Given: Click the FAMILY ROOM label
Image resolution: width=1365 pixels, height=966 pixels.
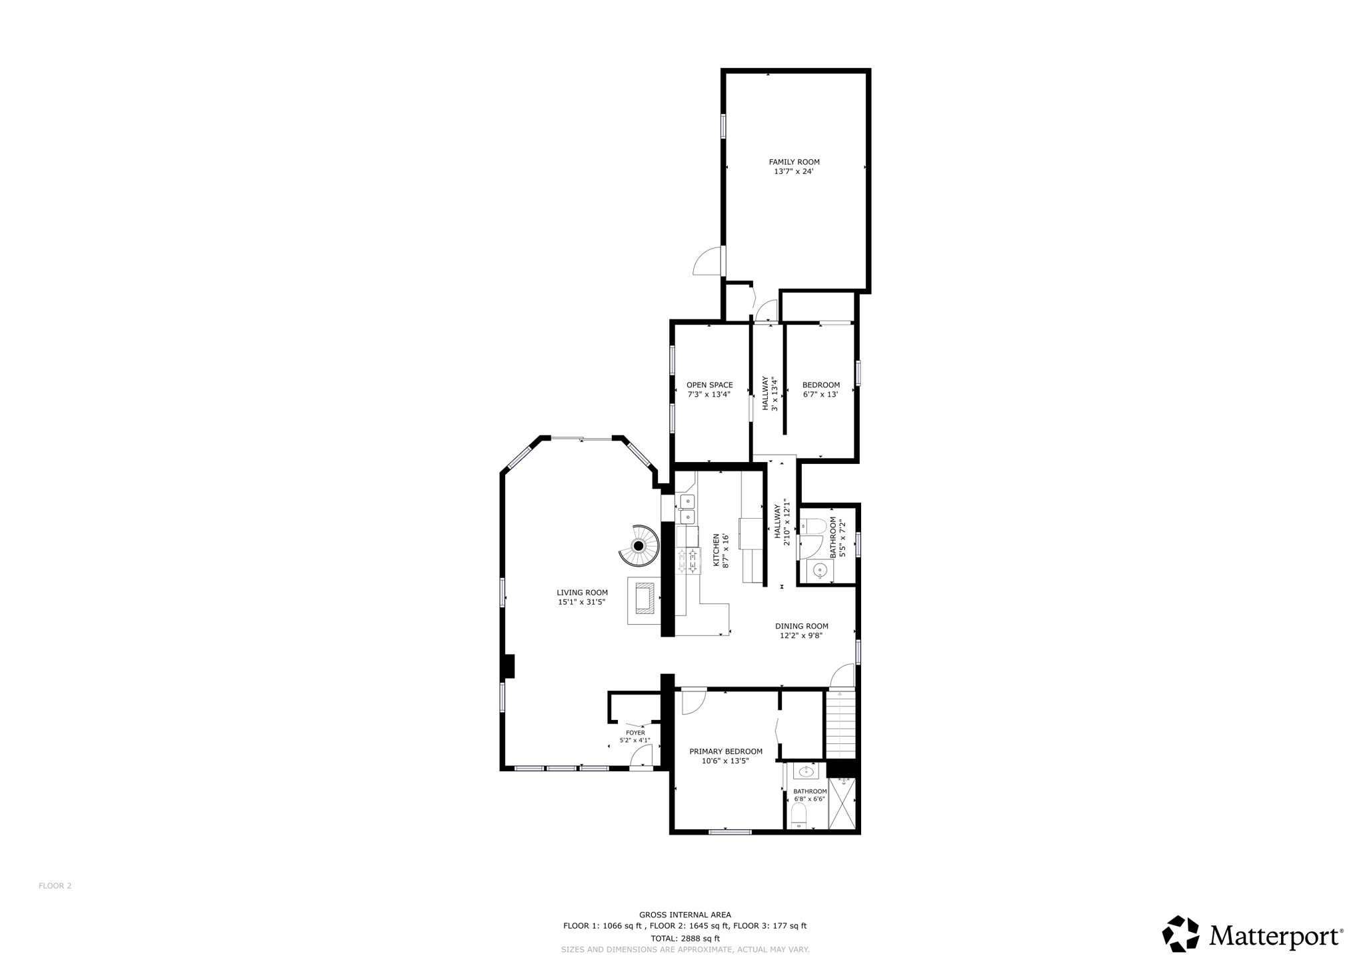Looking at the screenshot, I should [794, 162].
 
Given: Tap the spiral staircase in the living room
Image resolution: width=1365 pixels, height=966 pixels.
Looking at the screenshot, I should [639, 546].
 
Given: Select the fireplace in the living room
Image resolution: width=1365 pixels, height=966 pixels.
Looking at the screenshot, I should [645, 598].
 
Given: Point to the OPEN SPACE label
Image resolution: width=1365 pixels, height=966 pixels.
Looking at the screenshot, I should [709, 385].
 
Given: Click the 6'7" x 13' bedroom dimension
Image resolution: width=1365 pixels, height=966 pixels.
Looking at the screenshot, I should [820, 394].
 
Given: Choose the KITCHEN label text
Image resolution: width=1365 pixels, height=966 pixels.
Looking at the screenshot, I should [716, 550].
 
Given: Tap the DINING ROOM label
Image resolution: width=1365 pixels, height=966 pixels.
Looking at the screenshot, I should [801, 626].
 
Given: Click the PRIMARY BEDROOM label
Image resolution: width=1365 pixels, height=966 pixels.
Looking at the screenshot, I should [725, 751].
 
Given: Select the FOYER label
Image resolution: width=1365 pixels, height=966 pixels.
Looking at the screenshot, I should [635, 733].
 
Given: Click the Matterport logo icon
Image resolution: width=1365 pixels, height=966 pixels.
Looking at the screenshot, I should [1180, 933].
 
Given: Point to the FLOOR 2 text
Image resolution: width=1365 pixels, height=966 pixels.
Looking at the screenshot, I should [55, 886].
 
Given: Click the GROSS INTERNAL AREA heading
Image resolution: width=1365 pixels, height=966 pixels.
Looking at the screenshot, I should [684, 915].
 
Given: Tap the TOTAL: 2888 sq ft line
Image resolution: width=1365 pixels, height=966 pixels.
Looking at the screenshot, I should [684, 938].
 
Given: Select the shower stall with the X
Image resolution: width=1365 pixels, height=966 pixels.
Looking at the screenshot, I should [842, 803].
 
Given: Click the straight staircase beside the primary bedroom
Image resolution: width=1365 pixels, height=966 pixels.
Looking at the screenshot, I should [840, 724].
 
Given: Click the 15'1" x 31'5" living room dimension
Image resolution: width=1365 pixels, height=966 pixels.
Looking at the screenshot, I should [581, 602].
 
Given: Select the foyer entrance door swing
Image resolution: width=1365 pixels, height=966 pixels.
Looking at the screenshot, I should [641, 756].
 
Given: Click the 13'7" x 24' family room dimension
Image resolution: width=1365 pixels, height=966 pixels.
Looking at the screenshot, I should [793, 171].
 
